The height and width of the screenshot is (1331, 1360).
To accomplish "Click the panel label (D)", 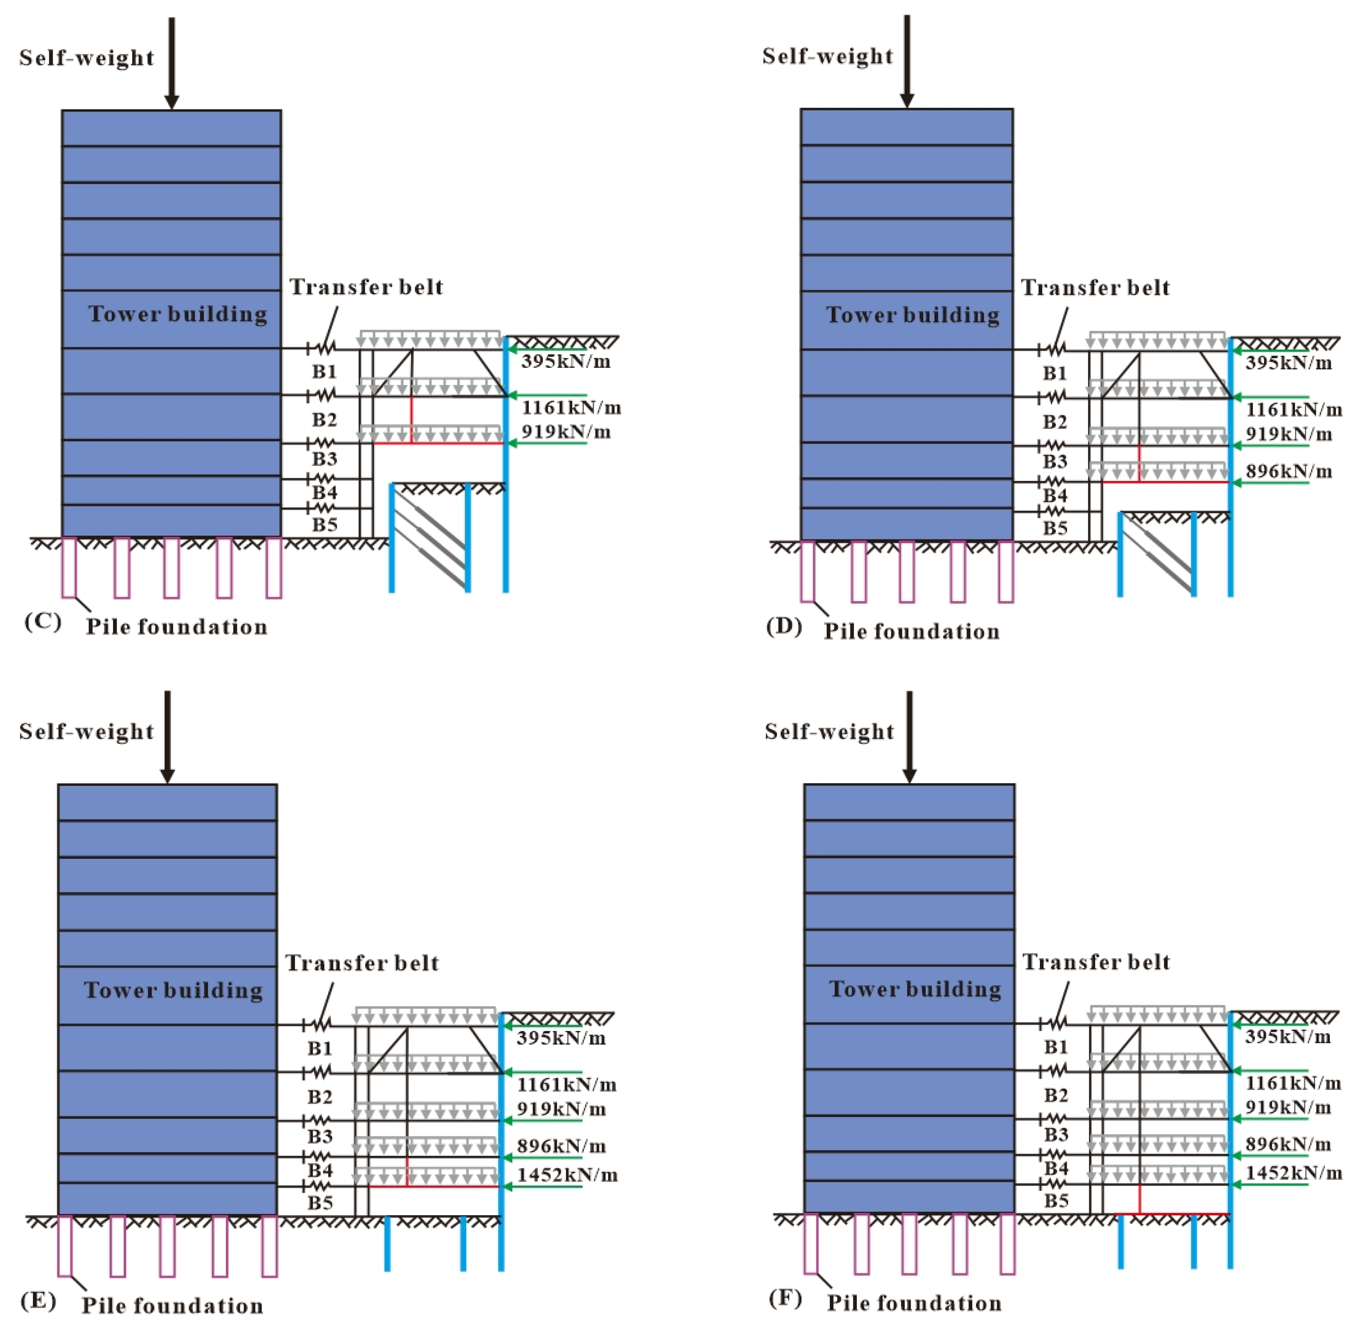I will click(784, 626).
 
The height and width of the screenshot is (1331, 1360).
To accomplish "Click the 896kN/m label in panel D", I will click(1289, 471).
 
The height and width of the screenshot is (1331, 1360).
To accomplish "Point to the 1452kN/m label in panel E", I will click(567, 1175).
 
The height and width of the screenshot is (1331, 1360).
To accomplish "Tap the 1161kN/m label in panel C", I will click(571, 408).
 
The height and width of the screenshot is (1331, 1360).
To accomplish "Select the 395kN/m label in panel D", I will click(1289, 363).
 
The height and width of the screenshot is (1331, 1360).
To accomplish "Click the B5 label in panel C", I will click(324, 524).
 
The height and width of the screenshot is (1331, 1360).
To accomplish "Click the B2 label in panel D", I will click(1055, 422).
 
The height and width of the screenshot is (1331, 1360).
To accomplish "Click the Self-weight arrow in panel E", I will click(167, 737).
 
